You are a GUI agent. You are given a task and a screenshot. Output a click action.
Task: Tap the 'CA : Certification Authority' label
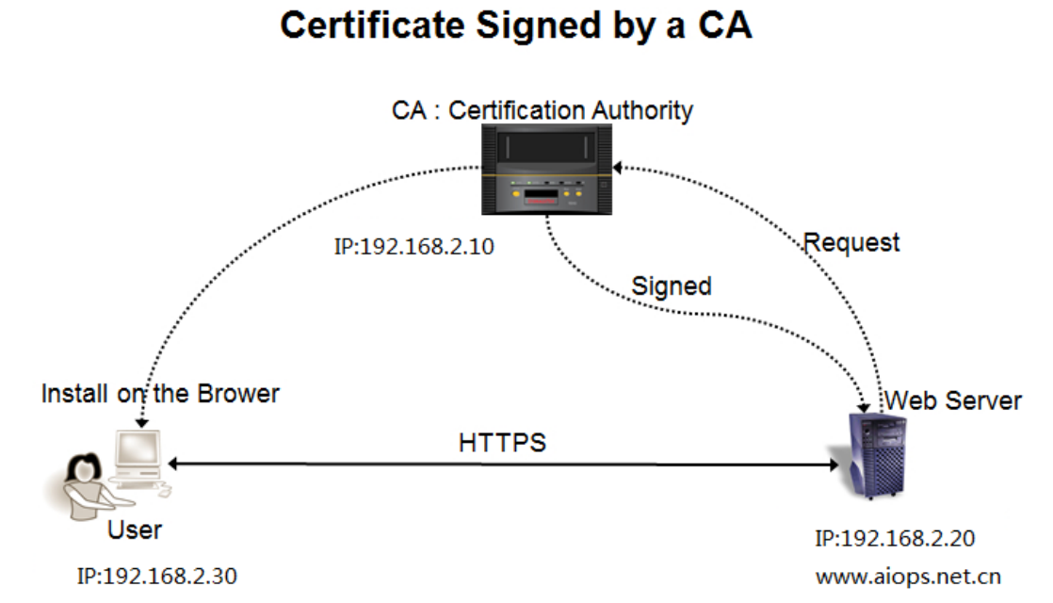coord(542,110)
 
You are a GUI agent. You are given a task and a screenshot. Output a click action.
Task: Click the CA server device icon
coord(546,170)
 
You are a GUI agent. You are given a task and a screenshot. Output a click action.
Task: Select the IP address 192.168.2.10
coord(413,247)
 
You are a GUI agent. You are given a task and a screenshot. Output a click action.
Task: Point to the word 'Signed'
coord(671,286)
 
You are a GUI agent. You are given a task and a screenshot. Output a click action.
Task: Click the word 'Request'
coord(850,243)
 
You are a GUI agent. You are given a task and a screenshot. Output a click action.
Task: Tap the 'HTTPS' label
coord(502,443)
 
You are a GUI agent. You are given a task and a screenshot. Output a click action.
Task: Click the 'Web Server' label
coord(953,400)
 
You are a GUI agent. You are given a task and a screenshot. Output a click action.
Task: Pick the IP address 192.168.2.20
coord(895,538)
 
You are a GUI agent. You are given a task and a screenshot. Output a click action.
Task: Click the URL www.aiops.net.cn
coord(908,576)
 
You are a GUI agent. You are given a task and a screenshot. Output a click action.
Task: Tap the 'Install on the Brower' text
coord(160,394)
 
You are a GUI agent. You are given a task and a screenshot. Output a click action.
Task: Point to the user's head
coord(83,467)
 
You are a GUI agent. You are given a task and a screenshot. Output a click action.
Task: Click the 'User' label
coord(135,530)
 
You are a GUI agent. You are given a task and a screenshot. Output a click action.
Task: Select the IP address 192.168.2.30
coord(156,576)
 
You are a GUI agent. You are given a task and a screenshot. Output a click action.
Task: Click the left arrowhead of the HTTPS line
coord(172,464)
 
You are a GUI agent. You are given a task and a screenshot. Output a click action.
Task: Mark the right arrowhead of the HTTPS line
coord(834,464)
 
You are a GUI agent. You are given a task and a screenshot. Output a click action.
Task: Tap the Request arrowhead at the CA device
coord(617,167)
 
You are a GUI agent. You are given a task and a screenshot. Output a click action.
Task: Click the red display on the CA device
coord(542,197)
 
